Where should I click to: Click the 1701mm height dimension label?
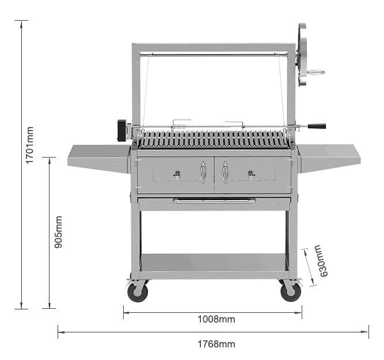pyautogui.click(x=29, y=145)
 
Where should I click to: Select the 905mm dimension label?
pyautogui.click(x=58, y=232)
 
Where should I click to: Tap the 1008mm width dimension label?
pyautogui.click(x=216, y=319)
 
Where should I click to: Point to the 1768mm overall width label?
pyautogui.click(x=216, y=344)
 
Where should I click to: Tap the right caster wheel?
pyautogui.click(x=291, y=292)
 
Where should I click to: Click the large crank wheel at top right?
pyautogui.click(x=302, y=55)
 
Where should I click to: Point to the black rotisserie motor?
pyautogui.click(x=122, y=130)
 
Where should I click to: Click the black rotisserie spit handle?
pyautogui.click(x=316, y=126)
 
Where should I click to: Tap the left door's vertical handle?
pyautogui.click(x=203, y=172)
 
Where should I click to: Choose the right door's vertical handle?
pyautogui.click(x=225, y=172)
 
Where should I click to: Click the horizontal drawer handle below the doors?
pyautogui.click(x=214, y=201)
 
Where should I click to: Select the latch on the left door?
pyautogui.click(x=177, y=175)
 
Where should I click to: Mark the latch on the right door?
pyautogui.click(x=251, y=175)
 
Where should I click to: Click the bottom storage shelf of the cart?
pyautogui.click(x=214, y=265)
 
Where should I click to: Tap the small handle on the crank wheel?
pyautogui.click(x=315, y=72)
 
